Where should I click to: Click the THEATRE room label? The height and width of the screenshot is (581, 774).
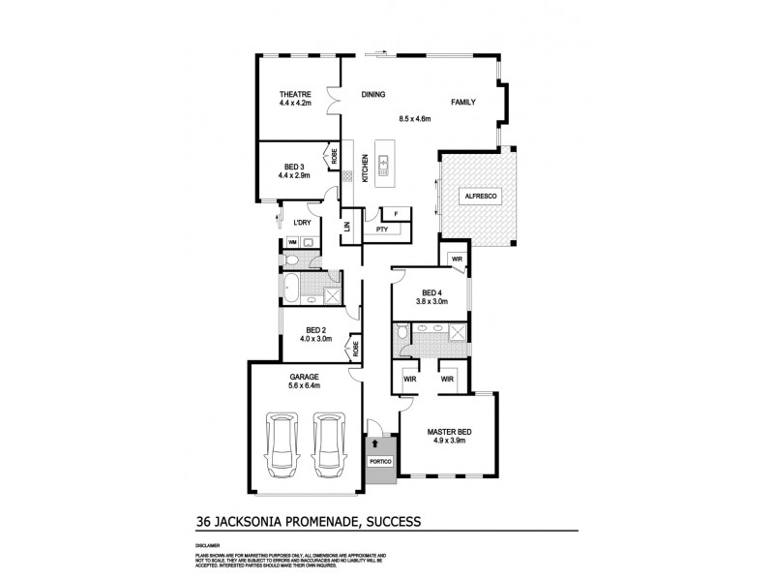pyautogui.click(x=295, y=94)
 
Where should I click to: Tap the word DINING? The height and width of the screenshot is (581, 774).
pyautogui.click(x=373, y=95)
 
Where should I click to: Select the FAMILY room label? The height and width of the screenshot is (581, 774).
pyautogui.click(x=461, y=102)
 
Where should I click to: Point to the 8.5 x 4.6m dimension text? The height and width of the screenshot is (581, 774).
pyautogui.click(x=414, y=119)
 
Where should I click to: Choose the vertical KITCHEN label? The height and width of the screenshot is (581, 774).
pyautogui.click(x=365, y=169)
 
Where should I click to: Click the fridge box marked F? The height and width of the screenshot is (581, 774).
pyautogui.click(x=396, y=214)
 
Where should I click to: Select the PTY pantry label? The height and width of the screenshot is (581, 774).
pyautogui.click(x=381, y=229)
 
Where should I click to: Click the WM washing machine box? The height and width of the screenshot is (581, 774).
pyautogui.click(x=291, y=242)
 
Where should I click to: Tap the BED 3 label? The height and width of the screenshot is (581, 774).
pyautogui.click(x=295, y=167)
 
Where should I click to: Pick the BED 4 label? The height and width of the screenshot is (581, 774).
pyautogui.click(x=432, y=291)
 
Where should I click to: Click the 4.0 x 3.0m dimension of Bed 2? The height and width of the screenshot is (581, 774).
pyautogui.click(x=318, y=339)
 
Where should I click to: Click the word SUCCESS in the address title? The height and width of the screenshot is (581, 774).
pyautogui.click(x=386, y=521)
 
